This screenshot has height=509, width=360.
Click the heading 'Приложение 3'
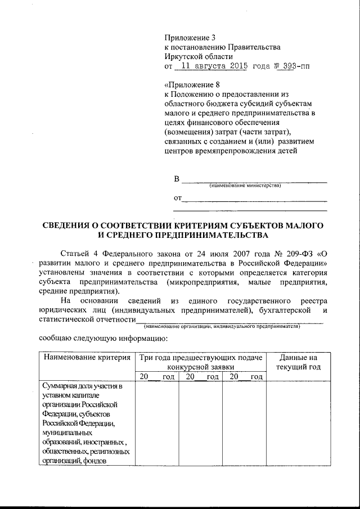[190, 38]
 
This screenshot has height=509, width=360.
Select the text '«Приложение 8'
[191, 85]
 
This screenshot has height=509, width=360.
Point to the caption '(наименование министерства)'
[245, 186]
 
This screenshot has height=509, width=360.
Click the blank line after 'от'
[255, 200]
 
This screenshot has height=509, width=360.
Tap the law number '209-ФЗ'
[300, 253]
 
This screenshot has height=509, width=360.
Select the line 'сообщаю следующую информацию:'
[101, 339]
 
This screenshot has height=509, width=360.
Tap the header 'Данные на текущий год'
[298, 362]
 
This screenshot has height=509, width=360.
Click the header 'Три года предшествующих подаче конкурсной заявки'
[201, 362]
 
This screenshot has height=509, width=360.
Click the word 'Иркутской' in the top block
[183, 57]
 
